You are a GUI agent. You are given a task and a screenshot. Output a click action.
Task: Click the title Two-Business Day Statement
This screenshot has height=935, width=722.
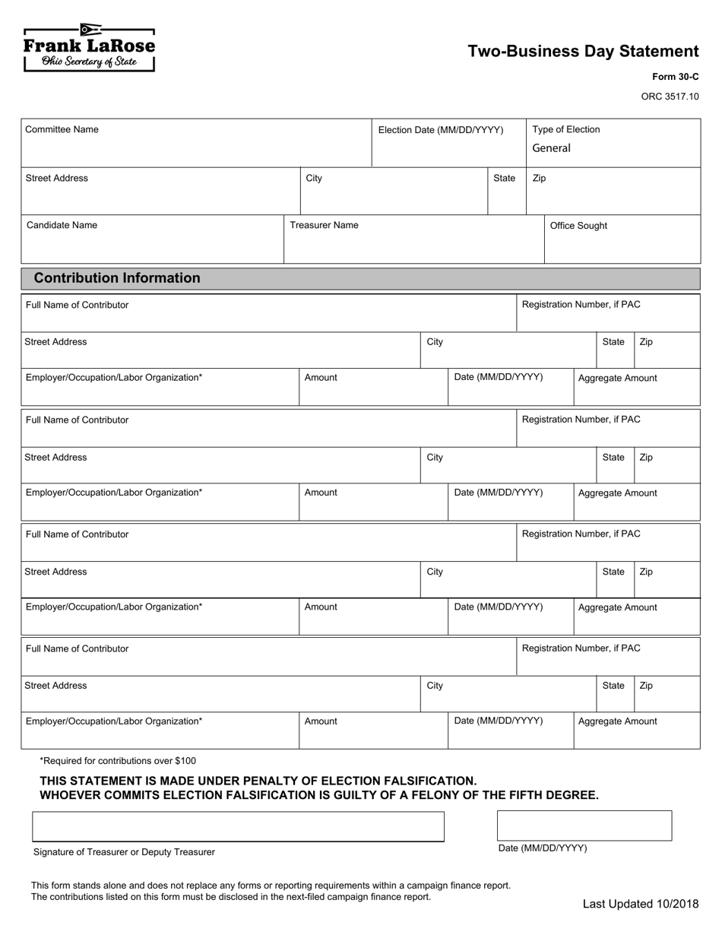point(583,52)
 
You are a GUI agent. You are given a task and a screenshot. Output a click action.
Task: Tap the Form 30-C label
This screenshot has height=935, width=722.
point(675,78)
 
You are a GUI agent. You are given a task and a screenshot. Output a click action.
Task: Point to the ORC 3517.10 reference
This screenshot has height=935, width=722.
point(670,97)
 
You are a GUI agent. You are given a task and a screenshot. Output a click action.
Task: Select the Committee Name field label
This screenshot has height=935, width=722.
point(62,130)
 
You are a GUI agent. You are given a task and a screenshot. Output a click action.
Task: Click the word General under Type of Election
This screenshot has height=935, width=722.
point(551,148)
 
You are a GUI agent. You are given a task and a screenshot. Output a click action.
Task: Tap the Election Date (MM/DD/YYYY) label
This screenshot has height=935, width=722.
point(441,130)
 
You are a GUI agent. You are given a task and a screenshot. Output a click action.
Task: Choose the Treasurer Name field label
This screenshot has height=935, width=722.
point(324,226)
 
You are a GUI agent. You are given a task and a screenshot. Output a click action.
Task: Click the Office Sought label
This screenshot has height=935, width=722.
point(578,226)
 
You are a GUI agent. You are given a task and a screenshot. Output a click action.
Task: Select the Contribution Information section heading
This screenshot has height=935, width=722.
point(117,278)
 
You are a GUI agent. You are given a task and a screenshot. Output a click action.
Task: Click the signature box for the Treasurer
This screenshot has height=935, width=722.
point(238,826)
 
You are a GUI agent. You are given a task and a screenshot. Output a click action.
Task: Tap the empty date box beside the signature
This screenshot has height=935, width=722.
point(584,826)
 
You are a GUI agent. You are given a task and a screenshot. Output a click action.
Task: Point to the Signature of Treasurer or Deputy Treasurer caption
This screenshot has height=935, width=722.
point(124,852)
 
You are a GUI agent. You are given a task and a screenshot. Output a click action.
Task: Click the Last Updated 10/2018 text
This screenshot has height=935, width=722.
point(640,904)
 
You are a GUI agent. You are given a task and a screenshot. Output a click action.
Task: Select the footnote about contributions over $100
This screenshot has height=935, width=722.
point(118,761)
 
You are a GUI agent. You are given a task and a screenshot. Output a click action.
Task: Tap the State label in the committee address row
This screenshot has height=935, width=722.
point(504,179)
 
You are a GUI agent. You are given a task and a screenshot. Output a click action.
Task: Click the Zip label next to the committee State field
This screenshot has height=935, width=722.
point(539,179)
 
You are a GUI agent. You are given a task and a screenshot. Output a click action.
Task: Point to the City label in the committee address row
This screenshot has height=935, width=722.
point(314,179)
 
